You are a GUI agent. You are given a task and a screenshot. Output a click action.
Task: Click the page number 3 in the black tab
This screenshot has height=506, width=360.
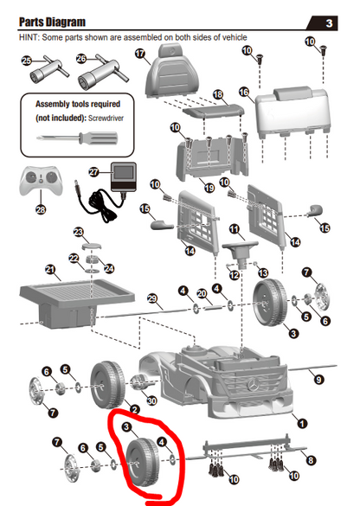point(329,23)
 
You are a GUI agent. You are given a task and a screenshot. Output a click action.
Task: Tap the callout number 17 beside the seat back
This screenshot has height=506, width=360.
point(140,54)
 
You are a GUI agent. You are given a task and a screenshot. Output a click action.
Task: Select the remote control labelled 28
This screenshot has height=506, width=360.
point(41,181)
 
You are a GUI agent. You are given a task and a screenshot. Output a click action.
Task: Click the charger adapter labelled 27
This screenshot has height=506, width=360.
point(124,176)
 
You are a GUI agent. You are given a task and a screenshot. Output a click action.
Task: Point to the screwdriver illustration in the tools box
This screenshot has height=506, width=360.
point(77,138)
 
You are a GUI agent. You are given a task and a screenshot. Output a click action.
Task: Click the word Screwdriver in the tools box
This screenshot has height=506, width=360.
point(106,118)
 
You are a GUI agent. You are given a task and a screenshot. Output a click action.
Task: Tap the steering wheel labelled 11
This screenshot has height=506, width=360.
point(240,251)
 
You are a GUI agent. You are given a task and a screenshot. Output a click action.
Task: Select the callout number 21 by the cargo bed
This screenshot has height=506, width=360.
point(50,269)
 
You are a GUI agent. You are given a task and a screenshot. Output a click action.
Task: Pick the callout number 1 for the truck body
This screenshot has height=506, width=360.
point(302,423)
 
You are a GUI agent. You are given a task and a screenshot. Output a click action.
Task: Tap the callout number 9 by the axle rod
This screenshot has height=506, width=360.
point(318,379)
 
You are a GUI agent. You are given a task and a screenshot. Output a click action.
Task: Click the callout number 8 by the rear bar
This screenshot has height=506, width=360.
point(311,460)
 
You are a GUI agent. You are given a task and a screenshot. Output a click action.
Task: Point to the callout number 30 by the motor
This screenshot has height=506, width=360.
point(151,400)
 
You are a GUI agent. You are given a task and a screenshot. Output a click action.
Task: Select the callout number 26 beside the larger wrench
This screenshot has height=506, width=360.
point(81,59)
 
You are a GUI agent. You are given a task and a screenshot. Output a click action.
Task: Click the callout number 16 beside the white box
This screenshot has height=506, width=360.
point(244,93)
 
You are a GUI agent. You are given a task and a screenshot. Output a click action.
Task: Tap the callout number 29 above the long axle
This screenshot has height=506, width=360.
point(152,298)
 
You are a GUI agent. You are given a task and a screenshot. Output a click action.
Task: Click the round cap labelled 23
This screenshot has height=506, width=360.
point(92,247)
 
